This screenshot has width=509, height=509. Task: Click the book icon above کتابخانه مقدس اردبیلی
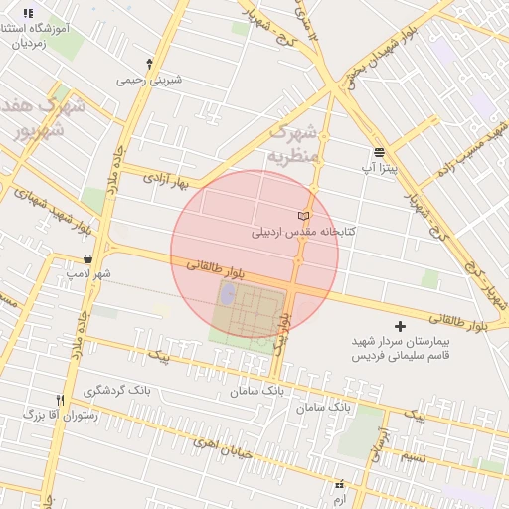click(x=304, y=216)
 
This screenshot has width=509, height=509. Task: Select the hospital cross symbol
click(x=400, y=326)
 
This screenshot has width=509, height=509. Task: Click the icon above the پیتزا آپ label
click(x=379, y=152)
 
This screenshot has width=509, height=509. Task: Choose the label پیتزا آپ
click(x=379, y=169)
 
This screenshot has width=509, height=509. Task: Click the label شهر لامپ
click(x=88, y=273)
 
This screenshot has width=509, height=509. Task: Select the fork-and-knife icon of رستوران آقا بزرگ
click(x=61, y=400)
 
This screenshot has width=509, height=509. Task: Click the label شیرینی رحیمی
click(x=149, y=79)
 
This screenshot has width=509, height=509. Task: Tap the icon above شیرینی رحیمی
click(x=149, y=63)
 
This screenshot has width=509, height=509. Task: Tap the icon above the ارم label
click(x=339, y=484)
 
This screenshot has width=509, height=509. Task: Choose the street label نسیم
click(x=415, y=455)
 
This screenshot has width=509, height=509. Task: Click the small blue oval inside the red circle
click(x=228, y=295)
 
